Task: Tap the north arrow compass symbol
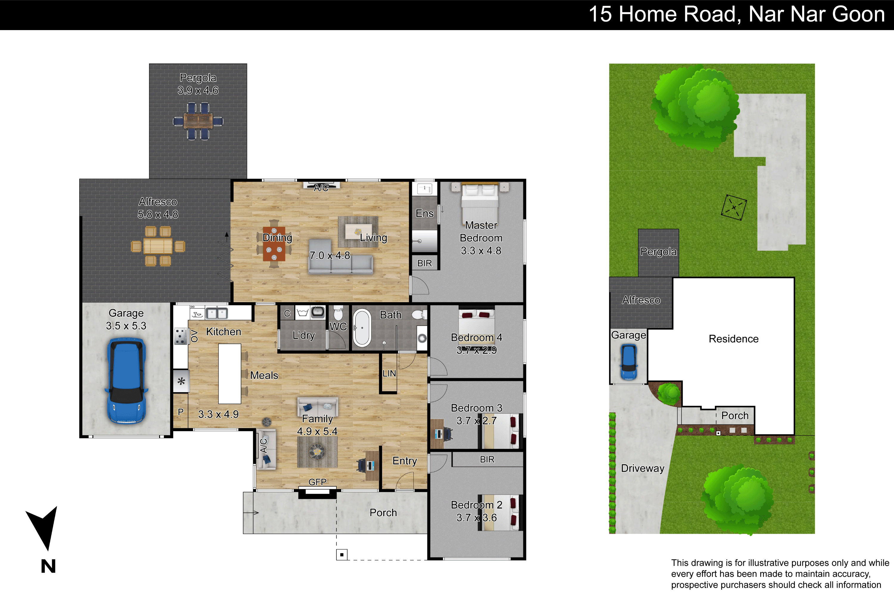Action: pos(43,528)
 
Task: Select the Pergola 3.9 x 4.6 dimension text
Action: pos(198,91)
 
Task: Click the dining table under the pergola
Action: pos(198,121)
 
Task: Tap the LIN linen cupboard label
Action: pos(389,374)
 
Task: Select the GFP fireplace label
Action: pos(317,482)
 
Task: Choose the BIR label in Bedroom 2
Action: pos(487,460)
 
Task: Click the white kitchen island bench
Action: pos(229,374)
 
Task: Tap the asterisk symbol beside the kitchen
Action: pos(181,381)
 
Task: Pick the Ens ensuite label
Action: pos(425,214)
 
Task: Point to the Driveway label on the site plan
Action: pos(643,468)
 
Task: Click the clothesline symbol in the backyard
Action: pos(734,207)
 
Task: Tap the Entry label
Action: pos(405,461)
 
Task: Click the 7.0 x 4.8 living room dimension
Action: pos(330,255)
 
